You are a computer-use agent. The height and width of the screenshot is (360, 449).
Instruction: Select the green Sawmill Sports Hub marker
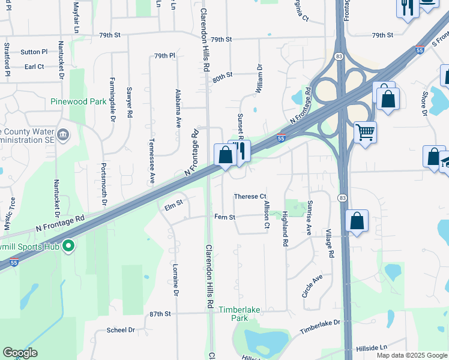point(68,245)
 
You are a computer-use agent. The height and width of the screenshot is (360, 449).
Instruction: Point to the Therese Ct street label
point(250,197)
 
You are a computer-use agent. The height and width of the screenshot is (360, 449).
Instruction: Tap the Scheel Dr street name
point(121,330)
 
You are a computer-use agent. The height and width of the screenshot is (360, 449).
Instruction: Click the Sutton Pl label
point(34,52)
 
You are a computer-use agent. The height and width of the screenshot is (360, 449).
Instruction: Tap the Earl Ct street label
point(35,66)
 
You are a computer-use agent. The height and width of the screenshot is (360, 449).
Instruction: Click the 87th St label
point(160,314)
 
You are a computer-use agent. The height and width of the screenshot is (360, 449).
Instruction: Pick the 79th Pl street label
point(164,56)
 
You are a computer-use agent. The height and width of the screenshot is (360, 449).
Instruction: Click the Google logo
point(20,353)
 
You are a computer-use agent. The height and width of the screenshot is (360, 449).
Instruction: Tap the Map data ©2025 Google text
point(412,355)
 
